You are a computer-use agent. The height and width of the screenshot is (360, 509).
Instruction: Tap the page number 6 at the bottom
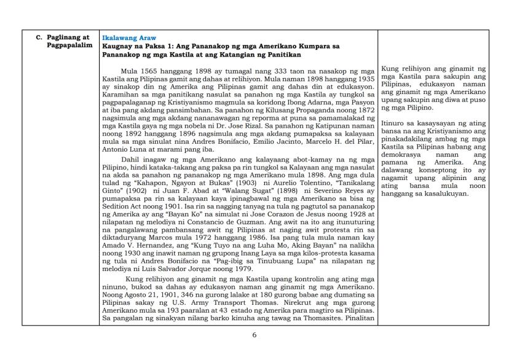click(x=254, y=335)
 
